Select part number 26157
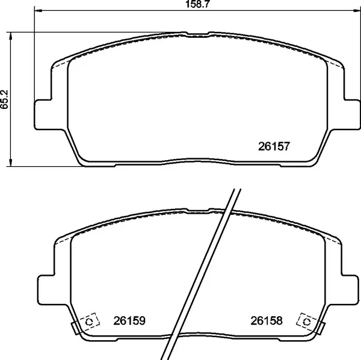274,146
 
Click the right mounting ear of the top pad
351,113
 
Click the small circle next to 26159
90,322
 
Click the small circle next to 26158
306,322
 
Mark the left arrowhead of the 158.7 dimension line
37,11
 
